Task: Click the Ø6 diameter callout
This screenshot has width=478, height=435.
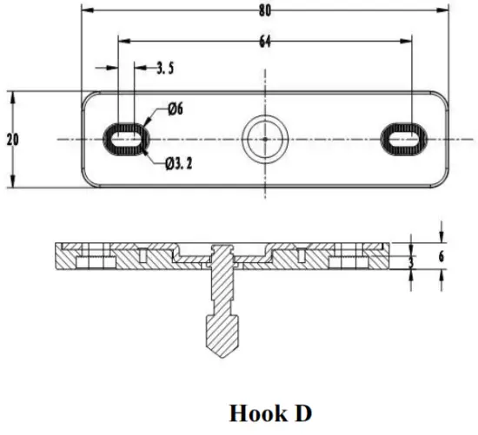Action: [174, 109]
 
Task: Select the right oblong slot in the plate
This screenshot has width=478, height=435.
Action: [404, 139]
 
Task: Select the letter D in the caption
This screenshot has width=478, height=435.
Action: [302, 413]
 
